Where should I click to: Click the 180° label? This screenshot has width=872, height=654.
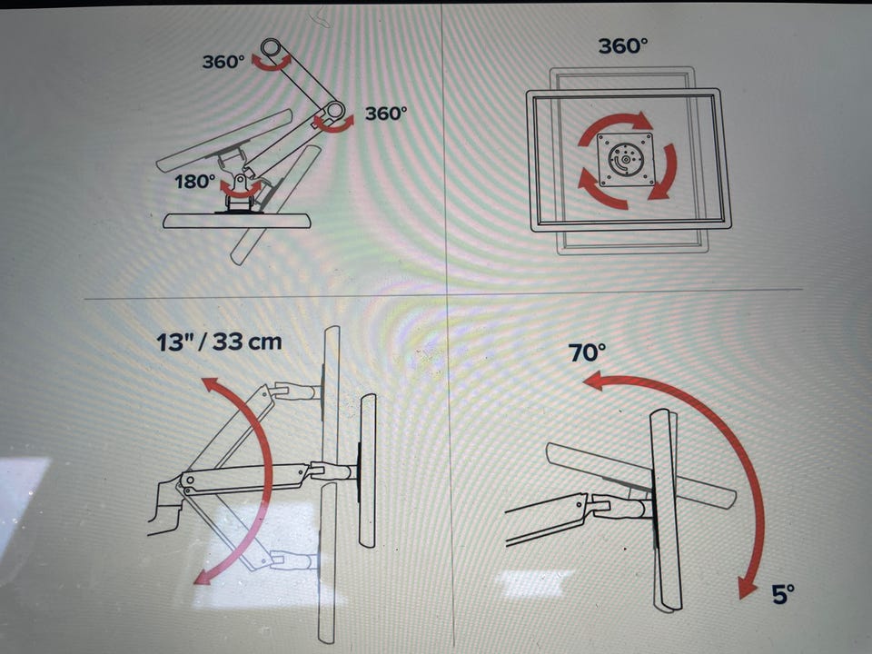pyautogui.click(x=194, y=182)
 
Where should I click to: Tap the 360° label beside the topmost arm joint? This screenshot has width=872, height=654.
pyautogui.click(x=223, y=61)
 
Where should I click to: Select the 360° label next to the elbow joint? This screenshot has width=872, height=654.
pyautogui.click(x=386, y=114)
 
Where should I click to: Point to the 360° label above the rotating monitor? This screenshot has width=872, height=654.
pyautogui.click(x=623, y=45)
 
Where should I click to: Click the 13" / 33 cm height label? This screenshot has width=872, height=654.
pyautogui.click(x=219, y=342)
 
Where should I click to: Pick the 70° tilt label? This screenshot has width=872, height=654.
pyautogui.click(x=587, y=352)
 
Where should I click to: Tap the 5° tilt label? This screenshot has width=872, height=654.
pyautogui.click(x=783, y=594)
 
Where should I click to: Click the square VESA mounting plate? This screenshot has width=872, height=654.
pyautogui.click(x=626, y=160)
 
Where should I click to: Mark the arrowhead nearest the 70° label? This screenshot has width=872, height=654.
pyautogui.click(x=594, y=381)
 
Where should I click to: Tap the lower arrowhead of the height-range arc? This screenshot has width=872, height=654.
pyautogui.click(x=202, y=578)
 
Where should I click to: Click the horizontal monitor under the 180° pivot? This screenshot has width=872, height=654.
pyautogui.click(x=237, y=221)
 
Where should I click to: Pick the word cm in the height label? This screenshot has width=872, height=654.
pyautogui.click(x=264, y=342)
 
